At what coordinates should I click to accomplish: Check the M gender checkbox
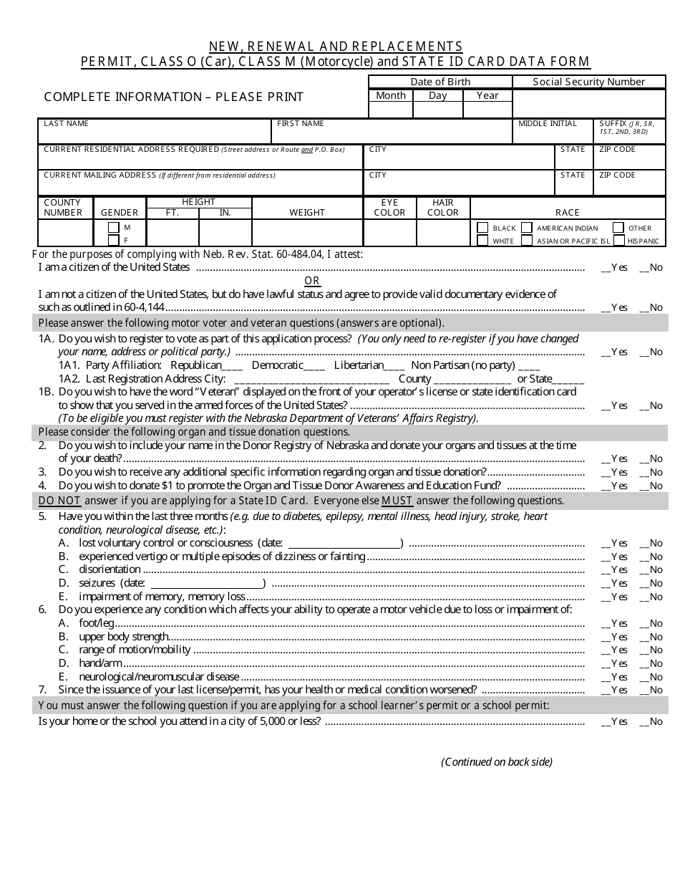click(113, 228)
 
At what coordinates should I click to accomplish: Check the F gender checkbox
click(113, 241)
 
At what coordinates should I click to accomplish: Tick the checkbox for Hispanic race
click(619, 241)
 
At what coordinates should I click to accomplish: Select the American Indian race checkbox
click(527, 228)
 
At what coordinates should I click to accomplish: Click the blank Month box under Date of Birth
click(391, 110)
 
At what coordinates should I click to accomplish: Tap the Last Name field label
click(66, 124)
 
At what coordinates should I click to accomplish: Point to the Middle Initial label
click(547, 124)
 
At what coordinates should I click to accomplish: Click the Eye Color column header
click(389, 208)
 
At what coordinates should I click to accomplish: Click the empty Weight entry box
click(307, 233)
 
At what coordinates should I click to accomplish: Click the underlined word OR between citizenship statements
click(312, 281)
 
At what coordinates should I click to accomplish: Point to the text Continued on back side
click(497, 762)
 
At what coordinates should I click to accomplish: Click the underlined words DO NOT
click(59, 501)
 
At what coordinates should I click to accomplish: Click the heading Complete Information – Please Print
click(173, 97)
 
